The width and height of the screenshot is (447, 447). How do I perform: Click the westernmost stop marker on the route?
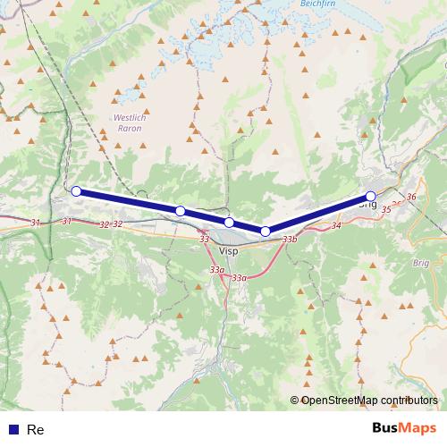click(77, 190)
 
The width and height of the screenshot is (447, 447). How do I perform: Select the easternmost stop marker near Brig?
click(371, 197)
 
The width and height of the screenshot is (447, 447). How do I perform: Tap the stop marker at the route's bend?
click(266, 232)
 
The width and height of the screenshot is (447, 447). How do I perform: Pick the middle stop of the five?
click(229, 223)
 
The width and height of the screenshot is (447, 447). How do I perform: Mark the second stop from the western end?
click(181, 211)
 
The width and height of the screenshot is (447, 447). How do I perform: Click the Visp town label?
click(229, 252)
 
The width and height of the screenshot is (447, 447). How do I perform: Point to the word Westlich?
click(130, 118)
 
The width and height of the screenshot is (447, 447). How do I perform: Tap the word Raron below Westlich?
click(130, 129)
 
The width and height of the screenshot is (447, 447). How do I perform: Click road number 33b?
click(289, 240)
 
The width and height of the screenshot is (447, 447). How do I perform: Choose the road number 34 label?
click(336, 225)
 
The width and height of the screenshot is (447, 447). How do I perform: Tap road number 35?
click(386, 209)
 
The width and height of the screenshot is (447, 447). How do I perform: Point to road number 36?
click(411, 197)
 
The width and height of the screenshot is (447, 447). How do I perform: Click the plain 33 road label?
click(205, 239)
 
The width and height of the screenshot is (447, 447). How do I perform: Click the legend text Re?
click(36, 430)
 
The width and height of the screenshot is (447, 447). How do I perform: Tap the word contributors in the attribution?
click(410, 401)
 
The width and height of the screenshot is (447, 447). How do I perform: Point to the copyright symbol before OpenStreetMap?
click(295, 401)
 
